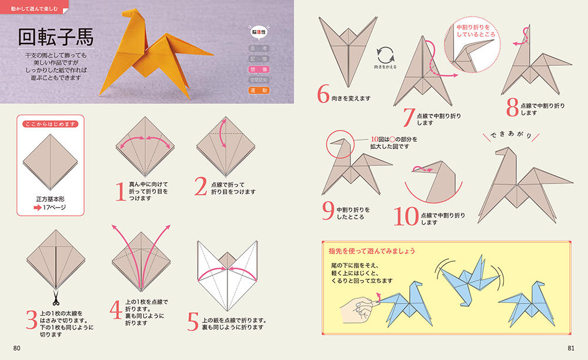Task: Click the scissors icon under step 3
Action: pyautogui.click(x=56, y=298)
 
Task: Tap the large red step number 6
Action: pyautogui.click(x=323, y=94)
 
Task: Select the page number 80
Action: pyautogui.click(x=17, y=348)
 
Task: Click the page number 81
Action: pyautogui.click(x=571, y=348)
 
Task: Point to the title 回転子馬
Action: pyautogui.click(x=56, y=37)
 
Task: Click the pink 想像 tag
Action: pyautogui.click(x=259, y=69)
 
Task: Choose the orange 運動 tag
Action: pyautogui.click(x=259, y=91)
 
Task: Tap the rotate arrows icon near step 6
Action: pyautogui.click(x=386, y=55)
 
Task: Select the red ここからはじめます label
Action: pyautogui.click(x=50, y=124)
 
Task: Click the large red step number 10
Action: pyautogui.click(x=406, y=216)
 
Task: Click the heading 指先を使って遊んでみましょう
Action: pyautogui.click(x=372, y=251)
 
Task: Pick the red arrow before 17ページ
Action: pyautogui.click(x=37, y=208)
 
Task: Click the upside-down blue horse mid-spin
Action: pyautogui.click(x=469, y=279)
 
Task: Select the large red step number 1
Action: pyautogui.click(x=121, y=191)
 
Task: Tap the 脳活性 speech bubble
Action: pyautogui.click(x=259, y=32)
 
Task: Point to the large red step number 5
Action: pyautogui.click(x=193, y=322)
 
